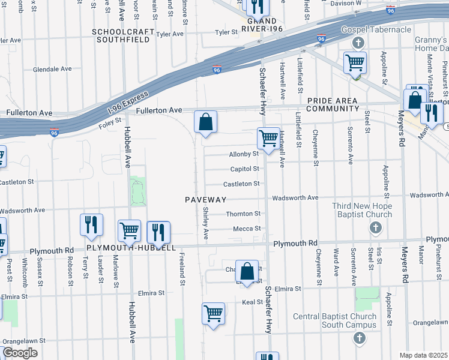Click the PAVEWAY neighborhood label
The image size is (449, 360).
205,199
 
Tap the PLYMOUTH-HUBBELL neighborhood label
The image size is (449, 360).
131,248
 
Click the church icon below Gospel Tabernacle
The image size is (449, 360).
358,43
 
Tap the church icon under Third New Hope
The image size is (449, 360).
375,228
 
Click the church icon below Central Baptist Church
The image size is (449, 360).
359,338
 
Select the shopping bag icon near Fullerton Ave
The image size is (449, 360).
205,122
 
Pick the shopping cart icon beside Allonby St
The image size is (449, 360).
268,137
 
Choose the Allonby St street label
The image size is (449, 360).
244,154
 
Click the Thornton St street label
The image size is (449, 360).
243,214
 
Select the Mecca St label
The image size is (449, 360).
247,229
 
